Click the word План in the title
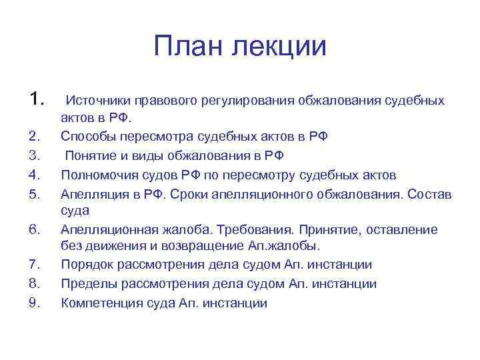[187, 47]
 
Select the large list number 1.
[37, 99]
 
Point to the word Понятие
[93, 156]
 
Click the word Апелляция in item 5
[93, 193]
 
